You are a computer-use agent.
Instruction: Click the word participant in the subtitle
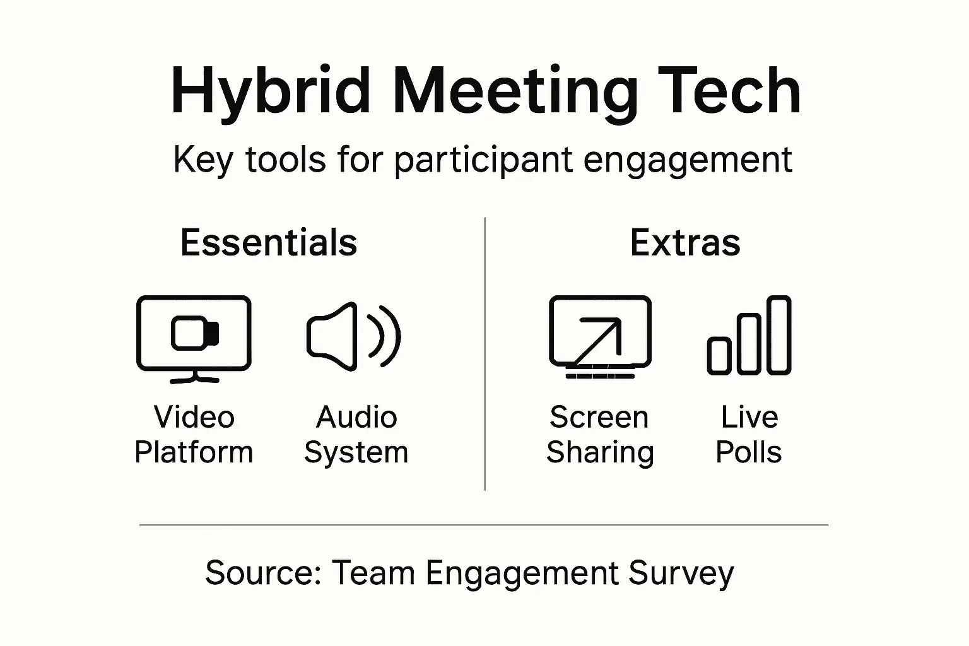[483, 160]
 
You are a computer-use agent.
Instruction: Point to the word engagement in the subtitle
[688, 160]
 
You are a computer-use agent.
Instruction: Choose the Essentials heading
[269, 243]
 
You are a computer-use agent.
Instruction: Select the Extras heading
[685, 243]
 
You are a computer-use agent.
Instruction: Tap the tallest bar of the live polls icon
[780, 335]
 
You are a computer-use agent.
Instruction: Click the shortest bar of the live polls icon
[719, 356]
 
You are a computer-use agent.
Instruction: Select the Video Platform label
[194, 435]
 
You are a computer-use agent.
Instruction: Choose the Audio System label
[356, 435]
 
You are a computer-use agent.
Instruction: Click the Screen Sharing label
[600, 435]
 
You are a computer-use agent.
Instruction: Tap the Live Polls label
[749, 435]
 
